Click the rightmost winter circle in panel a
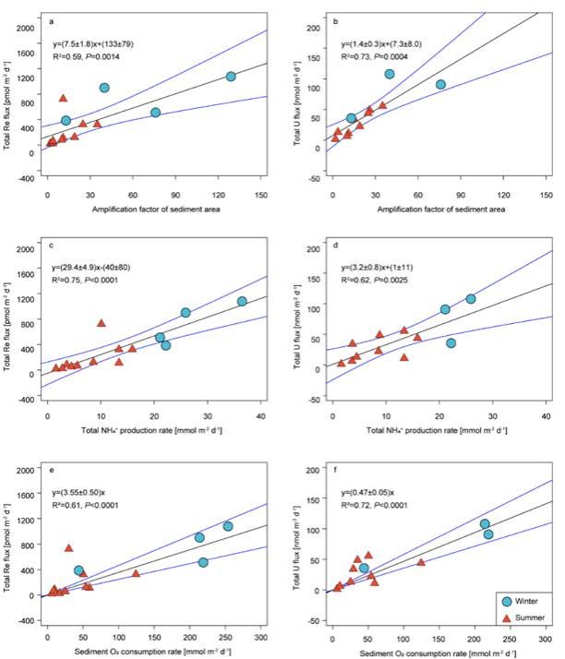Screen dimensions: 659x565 pyautogui.click(x=231, y=77)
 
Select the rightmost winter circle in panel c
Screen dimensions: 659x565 pyautogui.click(x=242, y=302)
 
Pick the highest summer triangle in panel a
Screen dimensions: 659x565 pyautogui.click(x=64, y=98)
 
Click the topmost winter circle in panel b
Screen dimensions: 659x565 pyautogui.click(x=390, y=74)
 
